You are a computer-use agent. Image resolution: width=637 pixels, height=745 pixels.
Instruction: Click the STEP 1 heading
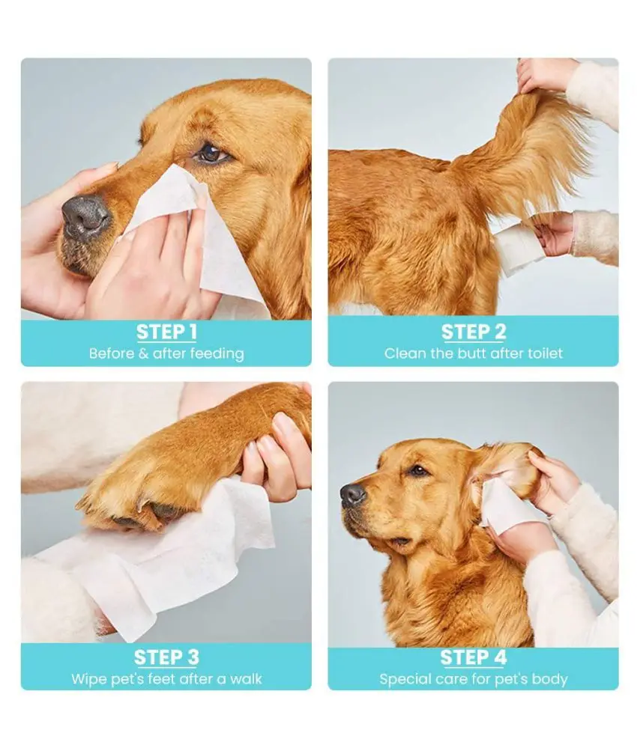click(166, 332)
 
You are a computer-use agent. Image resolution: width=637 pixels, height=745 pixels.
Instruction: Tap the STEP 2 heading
click(473, 332)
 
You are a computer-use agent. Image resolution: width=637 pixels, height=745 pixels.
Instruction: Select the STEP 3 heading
click(166, 657)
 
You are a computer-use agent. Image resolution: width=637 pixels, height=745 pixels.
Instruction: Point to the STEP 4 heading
click(473, 657)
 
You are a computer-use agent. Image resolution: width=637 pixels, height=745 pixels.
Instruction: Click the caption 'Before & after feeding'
click(166, 353)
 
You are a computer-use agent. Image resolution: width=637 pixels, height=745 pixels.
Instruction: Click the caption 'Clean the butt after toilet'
click(473, 353)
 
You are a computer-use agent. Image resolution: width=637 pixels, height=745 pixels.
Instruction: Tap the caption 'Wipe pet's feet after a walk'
click(166, 679)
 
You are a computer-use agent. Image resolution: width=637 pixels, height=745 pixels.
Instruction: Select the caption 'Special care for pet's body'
click(473, 679)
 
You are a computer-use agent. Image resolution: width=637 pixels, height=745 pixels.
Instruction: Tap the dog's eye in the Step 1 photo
click(210, 153)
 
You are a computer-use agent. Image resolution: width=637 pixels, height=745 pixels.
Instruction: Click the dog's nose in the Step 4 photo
click(352, 494)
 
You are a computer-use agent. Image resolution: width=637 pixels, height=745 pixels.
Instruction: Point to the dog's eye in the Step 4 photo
click(417, 471)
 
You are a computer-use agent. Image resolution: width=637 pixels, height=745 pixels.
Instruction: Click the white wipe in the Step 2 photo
click(516, 246)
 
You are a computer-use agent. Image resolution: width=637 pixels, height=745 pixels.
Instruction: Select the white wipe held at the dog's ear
click(503, 506)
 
